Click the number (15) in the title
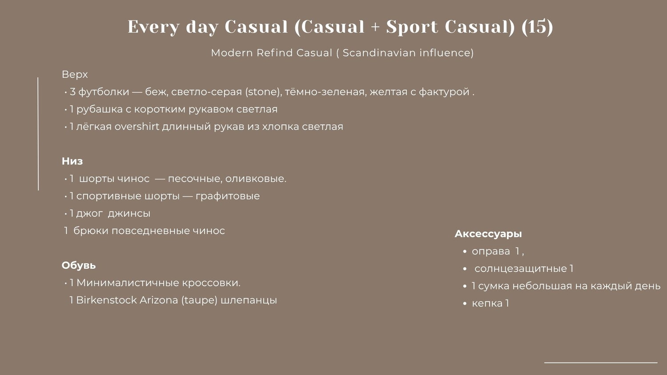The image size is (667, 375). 538,27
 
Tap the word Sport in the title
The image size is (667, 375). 412,27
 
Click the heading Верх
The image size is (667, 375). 75,74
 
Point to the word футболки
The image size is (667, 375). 104,92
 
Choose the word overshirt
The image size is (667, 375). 137,127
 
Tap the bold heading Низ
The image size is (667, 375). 72,161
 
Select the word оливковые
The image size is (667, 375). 256,179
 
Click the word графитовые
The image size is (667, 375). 228,196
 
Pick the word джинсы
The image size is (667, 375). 129,213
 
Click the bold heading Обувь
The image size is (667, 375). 79,265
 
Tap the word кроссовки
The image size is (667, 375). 211,283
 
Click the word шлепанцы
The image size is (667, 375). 249,300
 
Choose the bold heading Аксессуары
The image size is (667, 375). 488,234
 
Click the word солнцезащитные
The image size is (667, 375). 521,269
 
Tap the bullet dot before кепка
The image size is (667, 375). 465,304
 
